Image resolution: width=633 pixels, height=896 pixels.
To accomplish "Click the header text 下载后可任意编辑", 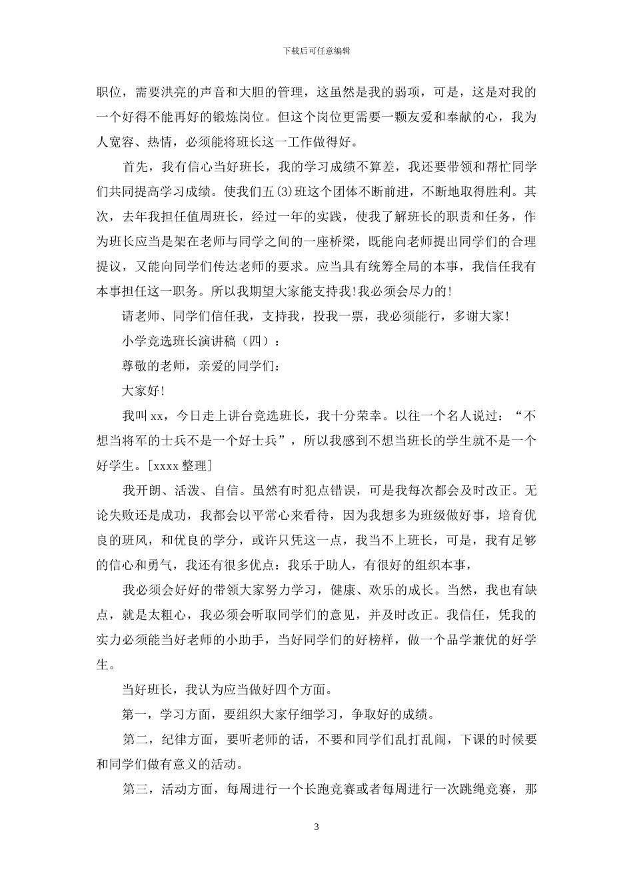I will click(316, 50).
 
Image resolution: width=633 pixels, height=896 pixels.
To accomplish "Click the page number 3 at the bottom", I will click(316, 827).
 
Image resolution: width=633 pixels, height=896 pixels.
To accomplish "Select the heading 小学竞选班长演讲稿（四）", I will click(197, 341).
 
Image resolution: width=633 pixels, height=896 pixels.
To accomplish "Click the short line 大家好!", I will click(143, 391).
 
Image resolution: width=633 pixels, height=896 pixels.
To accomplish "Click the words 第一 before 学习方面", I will click(136, 715).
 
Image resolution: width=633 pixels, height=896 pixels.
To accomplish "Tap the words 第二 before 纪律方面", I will click(136, 739).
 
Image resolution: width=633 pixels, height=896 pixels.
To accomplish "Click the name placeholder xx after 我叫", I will click(157, 416).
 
